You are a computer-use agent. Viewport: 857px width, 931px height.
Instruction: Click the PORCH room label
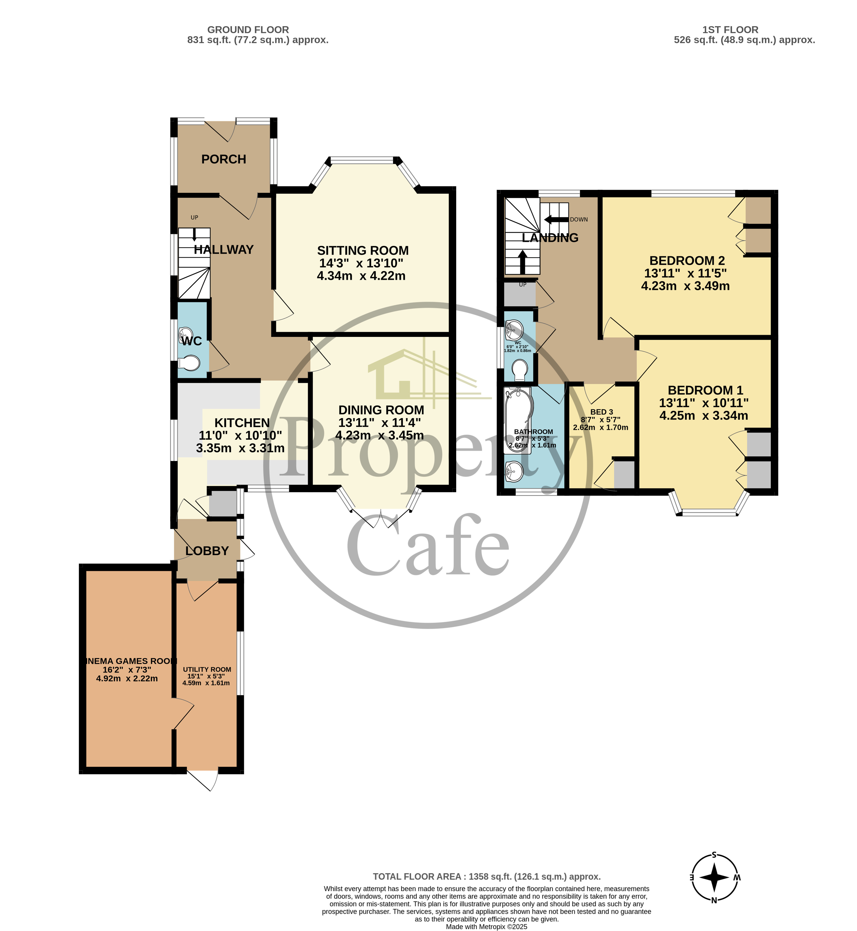[x=223, y=159]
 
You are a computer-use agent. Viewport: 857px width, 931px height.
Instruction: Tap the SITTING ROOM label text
[x=363, y=251]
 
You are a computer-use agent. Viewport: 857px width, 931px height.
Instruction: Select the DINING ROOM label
[x=381, y=410]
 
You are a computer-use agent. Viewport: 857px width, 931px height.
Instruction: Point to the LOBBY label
[x=207, y=550]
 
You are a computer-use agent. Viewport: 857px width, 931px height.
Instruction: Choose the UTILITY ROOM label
[x=207, y=669]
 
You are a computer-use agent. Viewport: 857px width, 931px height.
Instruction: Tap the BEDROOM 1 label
[x=705, y=390]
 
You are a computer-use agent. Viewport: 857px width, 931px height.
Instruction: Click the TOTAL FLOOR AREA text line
[x=486, y=876]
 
